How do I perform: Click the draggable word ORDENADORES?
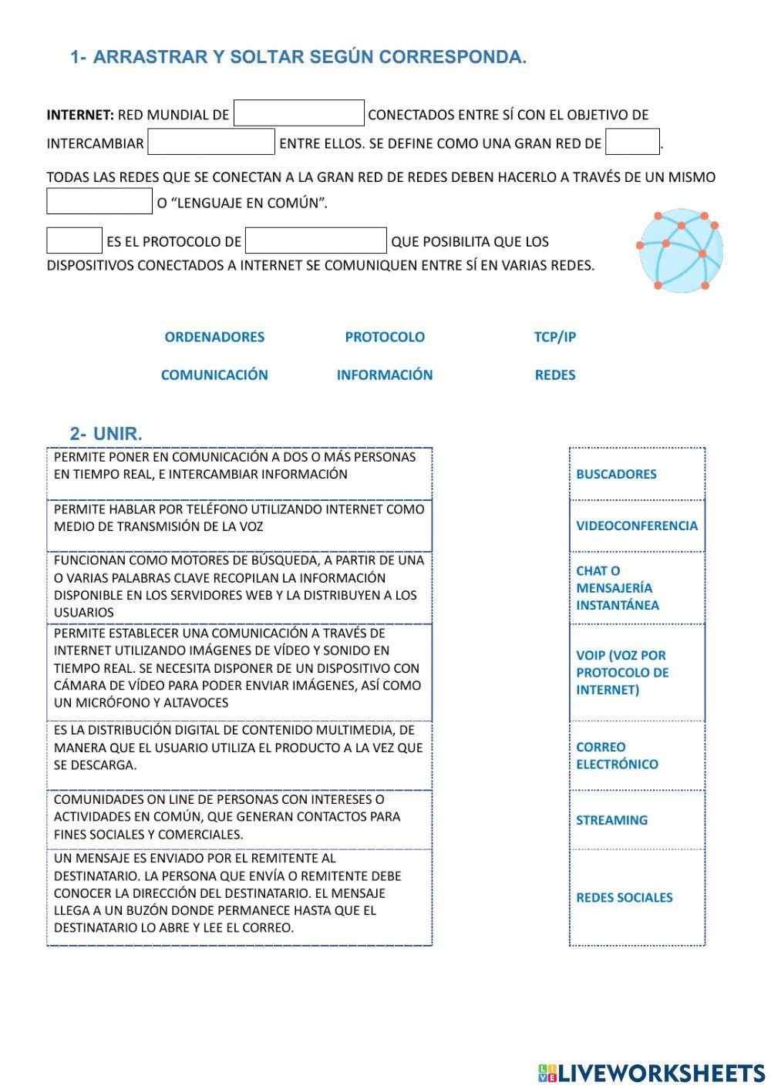coord(214,337)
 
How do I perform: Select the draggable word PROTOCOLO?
coord(385,337)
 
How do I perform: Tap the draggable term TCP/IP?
coord(555,337)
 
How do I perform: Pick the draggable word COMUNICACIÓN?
coord(214,375)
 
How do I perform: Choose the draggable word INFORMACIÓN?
coord(385,375)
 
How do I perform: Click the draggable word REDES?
coord(555,375)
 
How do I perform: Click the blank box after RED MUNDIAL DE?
coord(298,113)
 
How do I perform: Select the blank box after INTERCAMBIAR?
coord(211,142)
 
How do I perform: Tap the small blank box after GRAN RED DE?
coord(632,142)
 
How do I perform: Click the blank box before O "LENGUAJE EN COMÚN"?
coord(99,201)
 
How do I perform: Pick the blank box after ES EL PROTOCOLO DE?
coord(315,240)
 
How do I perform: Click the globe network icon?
coord(680,250)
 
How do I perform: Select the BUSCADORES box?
coord(637,474)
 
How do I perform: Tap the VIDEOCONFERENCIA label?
coord(637,526)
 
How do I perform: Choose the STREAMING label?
coord(612,820)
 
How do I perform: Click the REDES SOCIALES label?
coord(625,897)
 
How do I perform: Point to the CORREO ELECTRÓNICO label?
coord(617,755)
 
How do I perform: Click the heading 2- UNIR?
coord(106,434)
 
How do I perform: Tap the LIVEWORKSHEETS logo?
coord(651,1073)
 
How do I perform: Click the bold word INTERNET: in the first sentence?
coord(80,115)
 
